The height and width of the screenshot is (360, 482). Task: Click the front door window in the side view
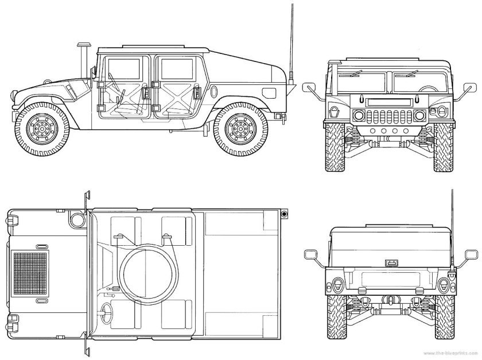pos(124,68)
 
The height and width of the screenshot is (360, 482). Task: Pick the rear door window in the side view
pos(176,68)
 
